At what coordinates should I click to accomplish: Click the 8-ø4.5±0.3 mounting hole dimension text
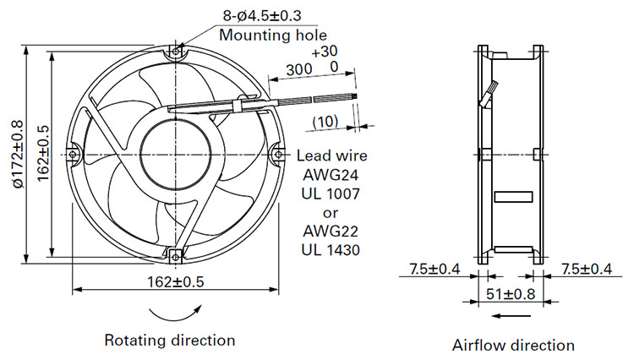pyautogui.click(x=262, y=15)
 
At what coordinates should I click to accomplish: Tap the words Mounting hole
pyautogui.click(x=273, y=35)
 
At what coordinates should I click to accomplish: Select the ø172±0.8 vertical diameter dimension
pyautogui.click(x=19, y=154)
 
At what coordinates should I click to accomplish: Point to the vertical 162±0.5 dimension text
pyautogui.click(x=43, y=153)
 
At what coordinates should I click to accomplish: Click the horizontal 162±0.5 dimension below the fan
pyautogui.click(x=176, y=281)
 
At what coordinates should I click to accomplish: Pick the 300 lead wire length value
pyautogui.click(x=299, y=69)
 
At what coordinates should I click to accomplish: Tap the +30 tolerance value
pyautogui.click(x=325, y=51)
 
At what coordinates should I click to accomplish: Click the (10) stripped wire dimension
pyautogui.click(x=325, y=121)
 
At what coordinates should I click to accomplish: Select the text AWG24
pyautogui.click(x=331, y=175)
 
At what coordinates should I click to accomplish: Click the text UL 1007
pyautogui.click(x=331, y=194)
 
